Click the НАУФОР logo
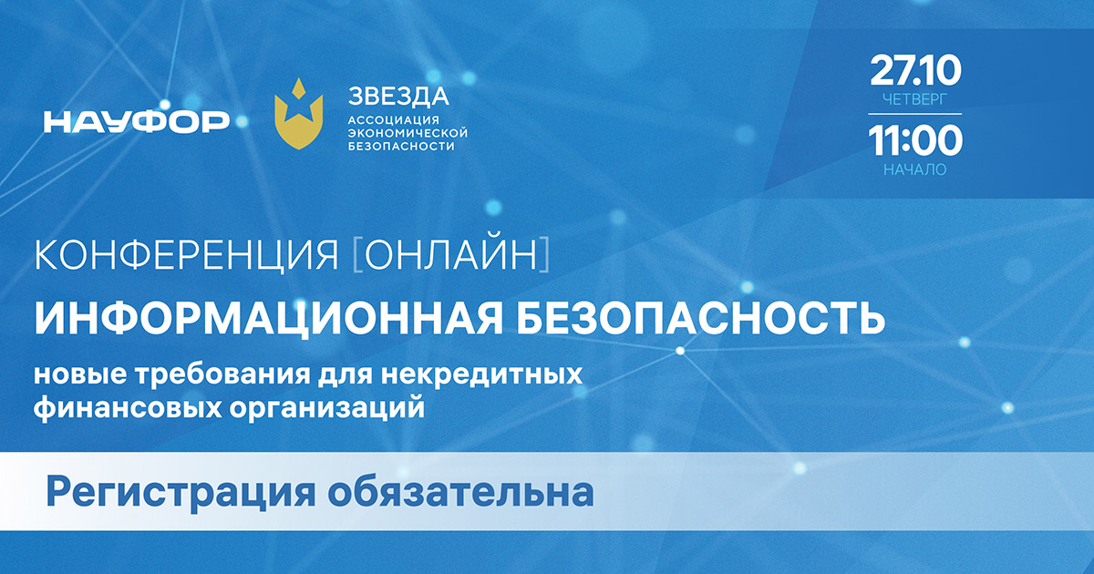(x=136, y=121)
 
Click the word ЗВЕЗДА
(x=398, y=97)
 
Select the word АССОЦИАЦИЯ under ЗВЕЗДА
(x=394, y=120)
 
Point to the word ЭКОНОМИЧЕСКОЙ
(x=408, y=133)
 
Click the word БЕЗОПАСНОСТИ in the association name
(x=401, y=146)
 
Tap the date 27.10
(x=915, y=71)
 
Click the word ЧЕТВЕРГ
(x=915, y=99)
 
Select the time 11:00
(x=915, y=140)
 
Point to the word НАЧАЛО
(x=915, y=169)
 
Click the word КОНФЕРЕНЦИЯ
(x=186, y=255)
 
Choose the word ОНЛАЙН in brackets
(x=451, y=254)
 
